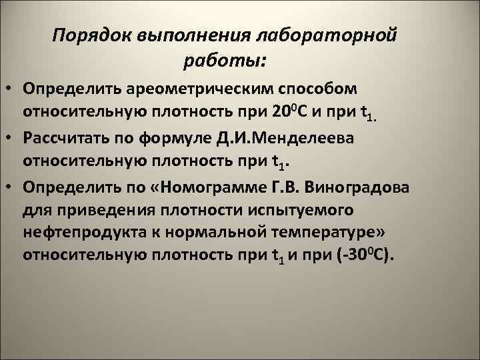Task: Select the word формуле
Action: tap(187, 137)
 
